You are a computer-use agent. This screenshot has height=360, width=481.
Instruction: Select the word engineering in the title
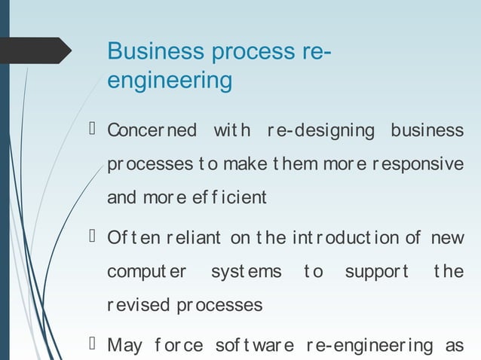[x=170, y=80]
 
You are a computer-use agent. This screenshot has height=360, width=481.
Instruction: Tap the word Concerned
[x=152, y=130]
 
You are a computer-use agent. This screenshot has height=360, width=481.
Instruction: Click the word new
[x=448, y=239]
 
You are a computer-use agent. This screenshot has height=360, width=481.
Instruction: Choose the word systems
[x=246, y=271]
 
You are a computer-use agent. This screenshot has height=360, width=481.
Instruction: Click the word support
[x=376, y=271]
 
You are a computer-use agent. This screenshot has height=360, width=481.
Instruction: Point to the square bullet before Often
[x=93, y=237]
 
